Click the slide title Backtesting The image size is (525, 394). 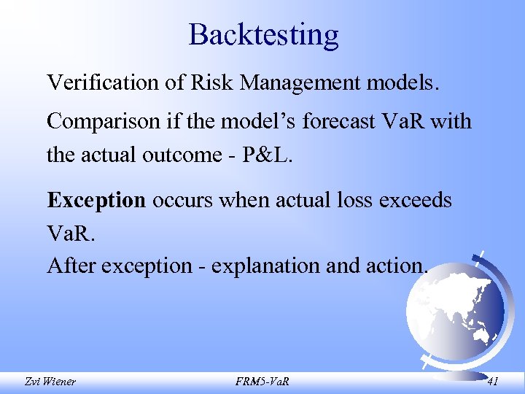[x=263, y=34]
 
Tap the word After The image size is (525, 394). [x=71, y=266]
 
